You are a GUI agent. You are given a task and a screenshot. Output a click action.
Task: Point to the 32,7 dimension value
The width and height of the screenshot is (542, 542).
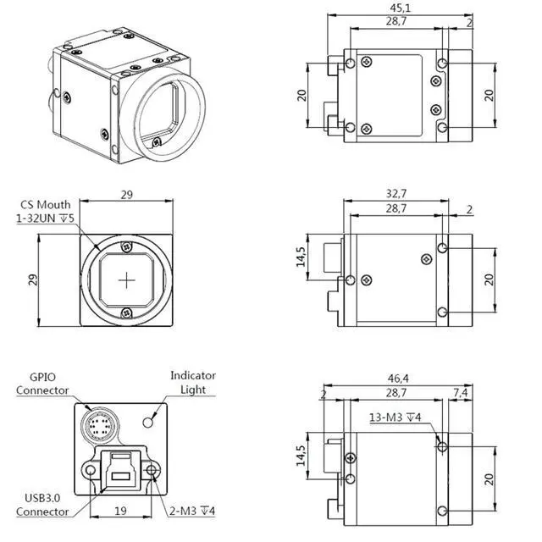(396, 193)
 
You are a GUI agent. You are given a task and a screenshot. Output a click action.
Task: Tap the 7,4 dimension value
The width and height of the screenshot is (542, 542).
(462, 394)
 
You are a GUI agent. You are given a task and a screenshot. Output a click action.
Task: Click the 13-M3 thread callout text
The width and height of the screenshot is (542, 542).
(395, 416)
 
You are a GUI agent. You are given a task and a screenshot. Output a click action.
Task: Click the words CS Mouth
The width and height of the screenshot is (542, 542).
(46, 204)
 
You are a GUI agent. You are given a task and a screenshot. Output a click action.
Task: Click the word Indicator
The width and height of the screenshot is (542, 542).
(193, 375)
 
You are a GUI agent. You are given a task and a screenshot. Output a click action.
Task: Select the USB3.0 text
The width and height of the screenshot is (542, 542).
(42, 498)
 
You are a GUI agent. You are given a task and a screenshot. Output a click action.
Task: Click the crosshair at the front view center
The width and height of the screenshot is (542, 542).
(127, 279)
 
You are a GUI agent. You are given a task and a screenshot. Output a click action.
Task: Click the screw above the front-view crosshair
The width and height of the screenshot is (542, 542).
(127, 246)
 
